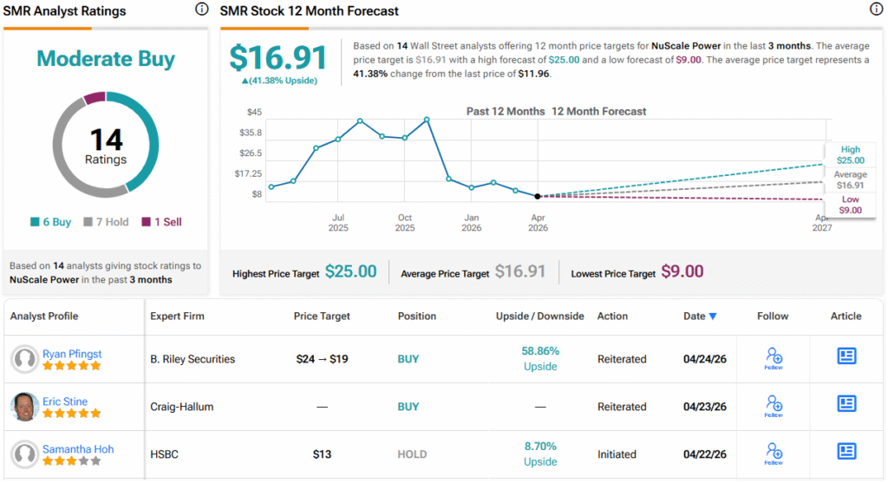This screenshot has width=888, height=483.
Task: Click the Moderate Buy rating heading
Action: coord(106,59)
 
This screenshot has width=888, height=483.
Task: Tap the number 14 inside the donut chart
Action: coord(106,140)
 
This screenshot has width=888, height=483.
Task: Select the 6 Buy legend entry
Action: coord(50,222)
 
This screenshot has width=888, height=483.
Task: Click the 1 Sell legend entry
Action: coord(162,222)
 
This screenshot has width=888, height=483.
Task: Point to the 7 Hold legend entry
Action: coord(106,222)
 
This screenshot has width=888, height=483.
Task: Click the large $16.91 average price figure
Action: coord(278,58)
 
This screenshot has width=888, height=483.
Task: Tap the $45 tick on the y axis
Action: coord(254,112)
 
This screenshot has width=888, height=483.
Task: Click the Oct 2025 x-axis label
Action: coord(404,223)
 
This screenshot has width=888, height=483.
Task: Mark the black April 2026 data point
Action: coord(538,197)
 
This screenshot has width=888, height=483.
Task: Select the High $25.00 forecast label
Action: coord(850,155)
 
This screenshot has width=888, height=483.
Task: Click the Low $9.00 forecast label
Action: coord(850,205)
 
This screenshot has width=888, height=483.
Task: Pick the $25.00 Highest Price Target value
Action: coord(350,271)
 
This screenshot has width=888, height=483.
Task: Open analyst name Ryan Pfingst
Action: coord(72,354)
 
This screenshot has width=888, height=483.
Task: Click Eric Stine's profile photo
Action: coord(25,407)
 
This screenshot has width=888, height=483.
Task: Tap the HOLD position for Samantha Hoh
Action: coord(412,454)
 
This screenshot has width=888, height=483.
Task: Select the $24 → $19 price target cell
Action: coord(322,359)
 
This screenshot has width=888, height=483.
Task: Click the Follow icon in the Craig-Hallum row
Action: coord(774,406)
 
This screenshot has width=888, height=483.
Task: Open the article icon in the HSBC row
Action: coord(846,451)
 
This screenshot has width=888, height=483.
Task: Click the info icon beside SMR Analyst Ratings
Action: coord(201,9)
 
